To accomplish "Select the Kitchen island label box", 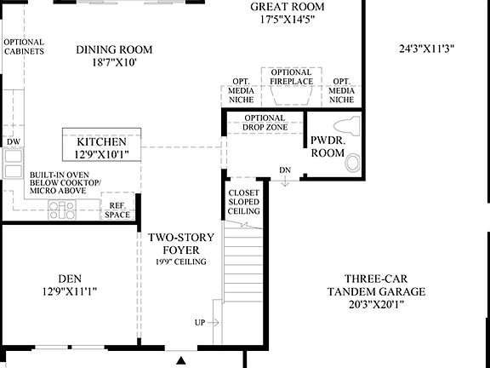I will (101, 147).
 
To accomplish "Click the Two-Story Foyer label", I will (174, 244).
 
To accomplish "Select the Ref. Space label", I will (117, 210).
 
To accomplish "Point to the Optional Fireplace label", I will (292, 77).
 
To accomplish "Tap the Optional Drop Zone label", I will (265, 123).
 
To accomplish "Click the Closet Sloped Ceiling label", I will (243, 202).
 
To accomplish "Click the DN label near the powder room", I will (285, 170).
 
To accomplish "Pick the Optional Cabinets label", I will (24, 47).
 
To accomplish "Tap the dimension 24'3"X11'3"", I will (427, 49).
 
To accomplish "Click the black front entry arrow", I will (179, 361).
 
